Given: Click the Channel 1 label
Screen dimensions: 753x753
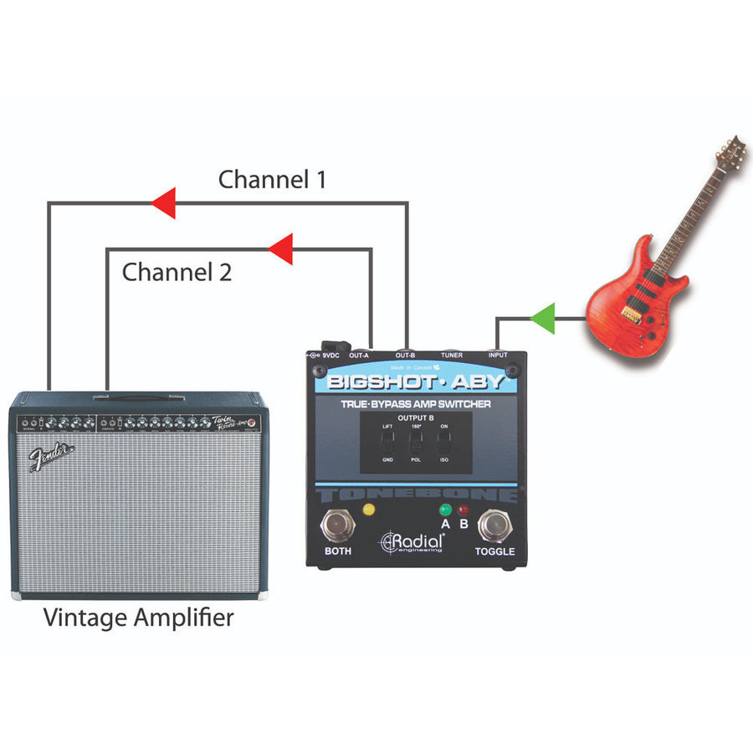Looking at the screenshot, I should [272, 179].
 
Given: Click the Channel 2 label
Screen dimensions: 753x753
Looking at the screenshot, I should [177, 272].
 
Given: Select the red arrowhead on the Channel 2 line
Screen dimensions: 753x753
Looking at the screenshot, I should [280, 248].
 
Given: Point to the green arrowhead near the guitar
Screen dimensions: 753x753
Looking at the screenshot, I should [543, 318].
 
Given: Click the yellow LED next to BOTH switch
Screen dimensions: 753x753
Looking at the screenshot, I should [368, 510].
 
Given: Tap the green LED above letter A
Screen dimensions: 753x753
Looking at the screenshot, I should [444, 509].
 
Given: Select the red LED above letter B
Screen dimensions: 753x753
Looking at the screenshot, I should [463, 509].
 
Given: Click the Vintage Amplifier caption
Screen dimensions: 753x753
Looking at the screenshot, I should [139, 618].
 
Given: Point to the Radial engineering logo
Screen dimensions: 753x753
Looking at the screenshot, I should [412, 542].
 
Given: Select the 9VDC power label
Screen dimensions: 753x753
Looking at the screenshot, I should [329, 356].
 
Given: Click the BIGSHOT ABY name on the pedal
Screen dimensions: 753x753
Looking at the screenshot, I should [416, 382].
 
